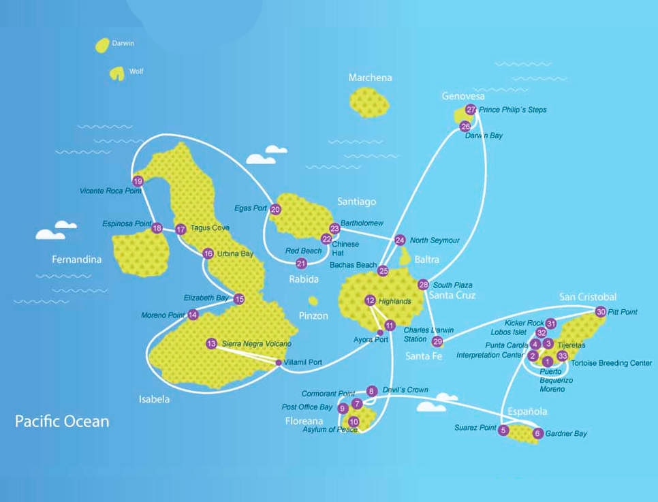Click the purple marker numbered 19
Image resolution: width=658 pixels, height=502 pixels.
coord(138,181)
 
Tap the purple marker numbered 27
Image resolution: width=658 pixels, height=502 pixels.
coord(471,110)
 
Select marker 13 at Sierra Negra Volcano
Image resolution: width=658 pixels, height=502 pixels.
coord(211,344)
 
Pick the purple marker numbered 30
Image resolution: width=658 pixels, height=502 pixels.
coord(600,312)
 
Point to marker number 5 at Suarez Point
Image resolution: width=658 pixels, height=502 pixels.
coord(503,430)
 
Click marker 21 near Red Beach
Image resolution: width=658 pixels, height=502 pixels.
coord(301,263)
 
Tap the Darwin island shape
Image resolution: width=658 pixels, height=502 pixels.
coord(102,46)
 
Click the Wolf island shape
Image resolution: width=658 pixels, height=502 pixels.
coord(117,73)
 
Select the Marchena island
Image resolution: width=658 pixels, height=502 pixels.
coord(370,102)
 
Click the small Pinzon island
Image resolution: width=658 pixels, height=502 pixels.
coord(313,301)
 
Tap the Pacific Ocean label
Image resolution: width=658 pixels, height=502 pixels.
coord(62,421)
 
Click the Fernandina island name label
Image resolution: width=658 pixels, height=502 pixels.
coord(76,260)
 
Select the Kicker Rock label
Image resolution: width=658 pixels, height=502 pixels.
coord(524,323)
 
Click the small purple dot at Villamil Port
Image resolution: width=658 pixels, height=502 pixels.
coord(278,362)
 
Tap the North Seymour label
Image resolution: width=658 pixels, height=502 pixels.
coord(435,240)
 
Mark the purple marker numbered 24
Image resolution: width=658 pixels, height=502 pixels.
coord(400,240)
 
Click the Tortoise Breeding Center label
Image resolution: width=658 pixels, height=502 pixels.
coord(611,363)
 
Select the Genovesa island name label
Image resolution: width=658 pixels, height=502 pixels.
coord(463,96)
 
